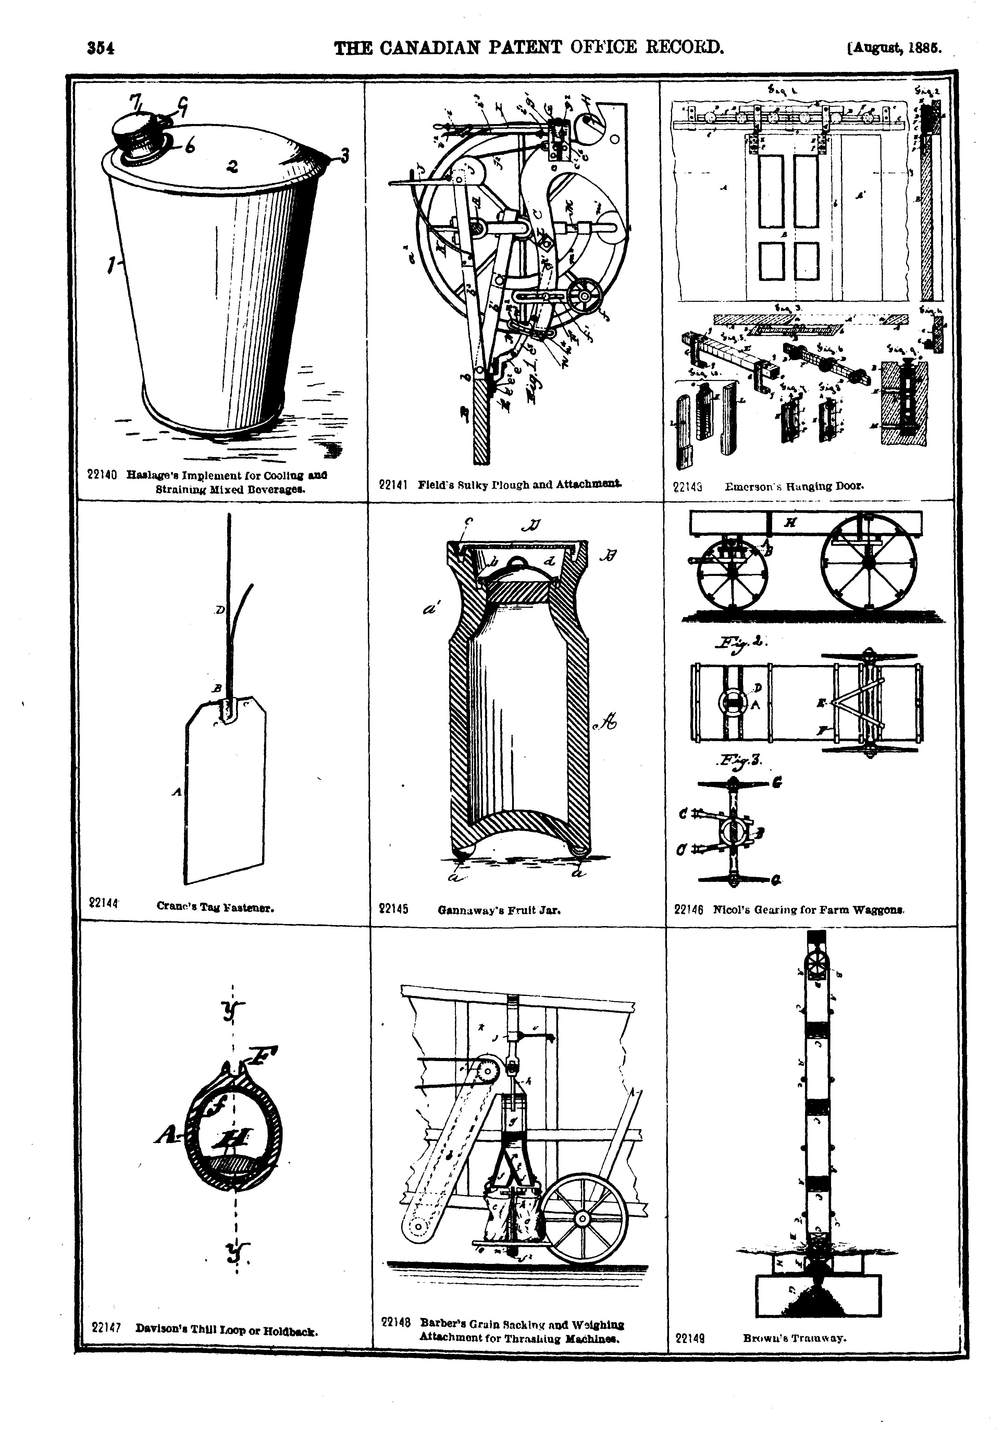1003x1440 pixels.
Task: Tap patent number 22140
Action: tap(102, 475)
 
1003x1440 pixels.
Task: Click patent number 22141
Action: tap(394, 484)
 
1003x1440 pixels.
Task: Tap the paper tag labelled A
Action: tap(226, 790)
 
